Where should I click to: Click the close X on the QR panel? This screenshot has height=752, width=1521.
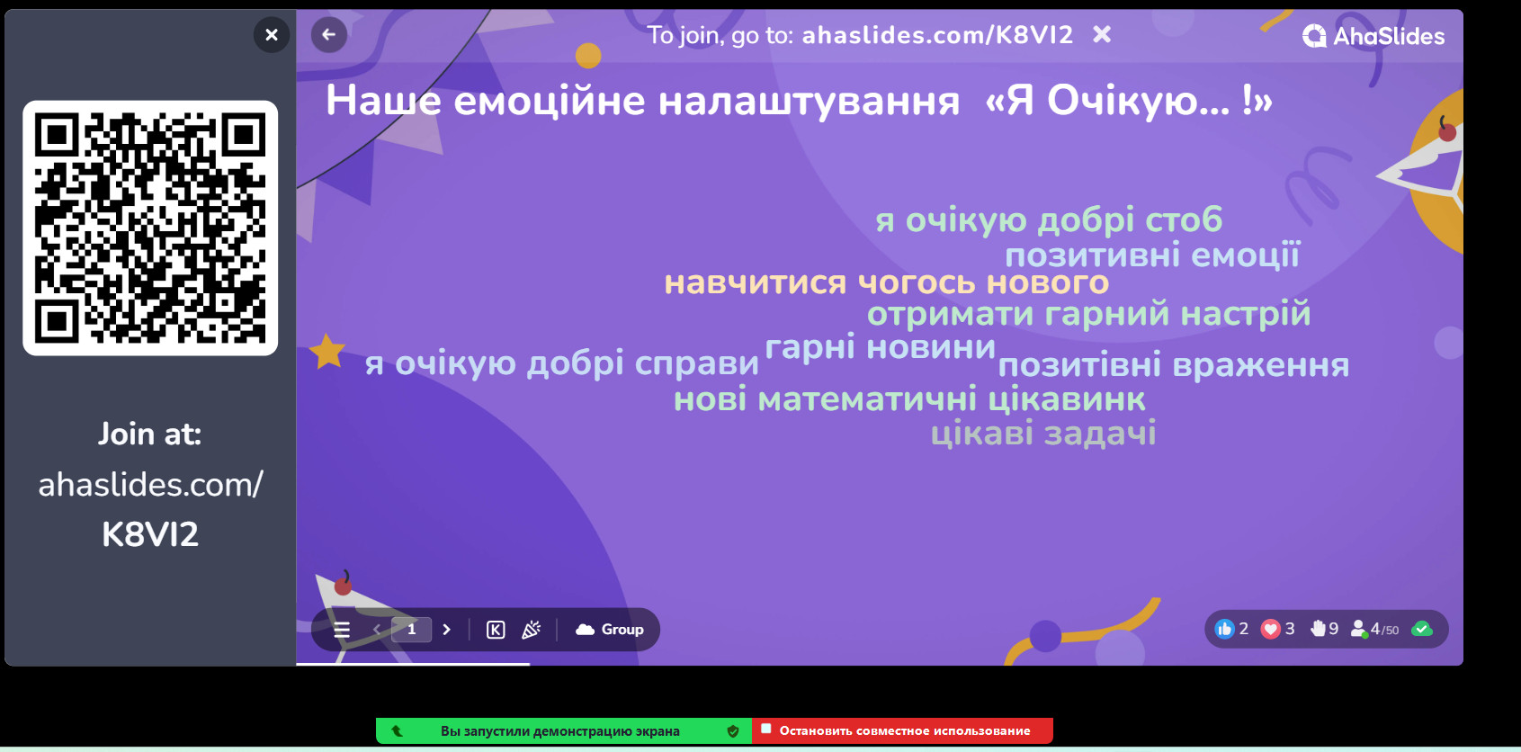272,35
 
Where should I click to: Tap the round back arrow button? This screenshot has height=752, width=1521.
328,35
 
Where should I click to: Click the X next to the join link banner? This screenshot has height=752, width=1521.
1102,35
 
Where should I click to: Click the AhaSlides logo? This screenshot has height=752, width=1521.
1373,36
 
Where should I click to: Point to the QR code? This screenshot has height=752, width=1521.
150,228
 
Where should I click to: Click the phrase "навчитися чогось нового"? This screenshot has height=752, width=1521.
886,282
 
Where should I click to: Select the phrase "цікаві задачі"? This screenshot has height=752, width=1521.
1043,434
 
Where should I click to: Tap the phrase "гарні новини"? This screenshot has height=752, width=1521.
880,347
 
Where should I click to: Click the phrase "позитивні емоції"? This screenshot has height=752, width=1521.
1152,255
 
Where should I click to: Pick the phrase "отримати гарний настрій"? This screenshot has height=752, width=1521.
1088,314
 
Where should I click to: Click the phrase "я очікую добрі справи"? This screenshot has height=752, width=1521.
561,363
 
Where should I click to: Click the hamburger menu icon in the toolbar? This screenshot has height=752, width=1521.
342,630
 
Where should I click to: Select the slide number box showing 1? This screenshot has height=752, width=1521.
411,629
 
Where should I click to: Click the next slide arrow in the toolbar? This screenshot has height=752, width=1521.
447,630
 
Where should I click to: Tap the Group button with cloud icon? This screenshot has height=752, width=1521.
609,630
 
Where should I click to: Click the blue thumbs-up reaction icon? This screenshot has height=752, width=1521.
1224,629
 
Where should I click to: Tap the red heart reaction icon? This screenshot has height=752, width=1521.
1270,629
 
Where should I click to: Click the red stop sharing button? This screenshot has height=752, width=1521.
902,731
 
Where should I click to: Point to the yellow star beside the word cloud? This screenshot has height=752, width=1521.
327,351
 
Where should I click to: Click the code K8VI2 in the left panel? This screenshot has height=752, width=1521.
150,534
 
